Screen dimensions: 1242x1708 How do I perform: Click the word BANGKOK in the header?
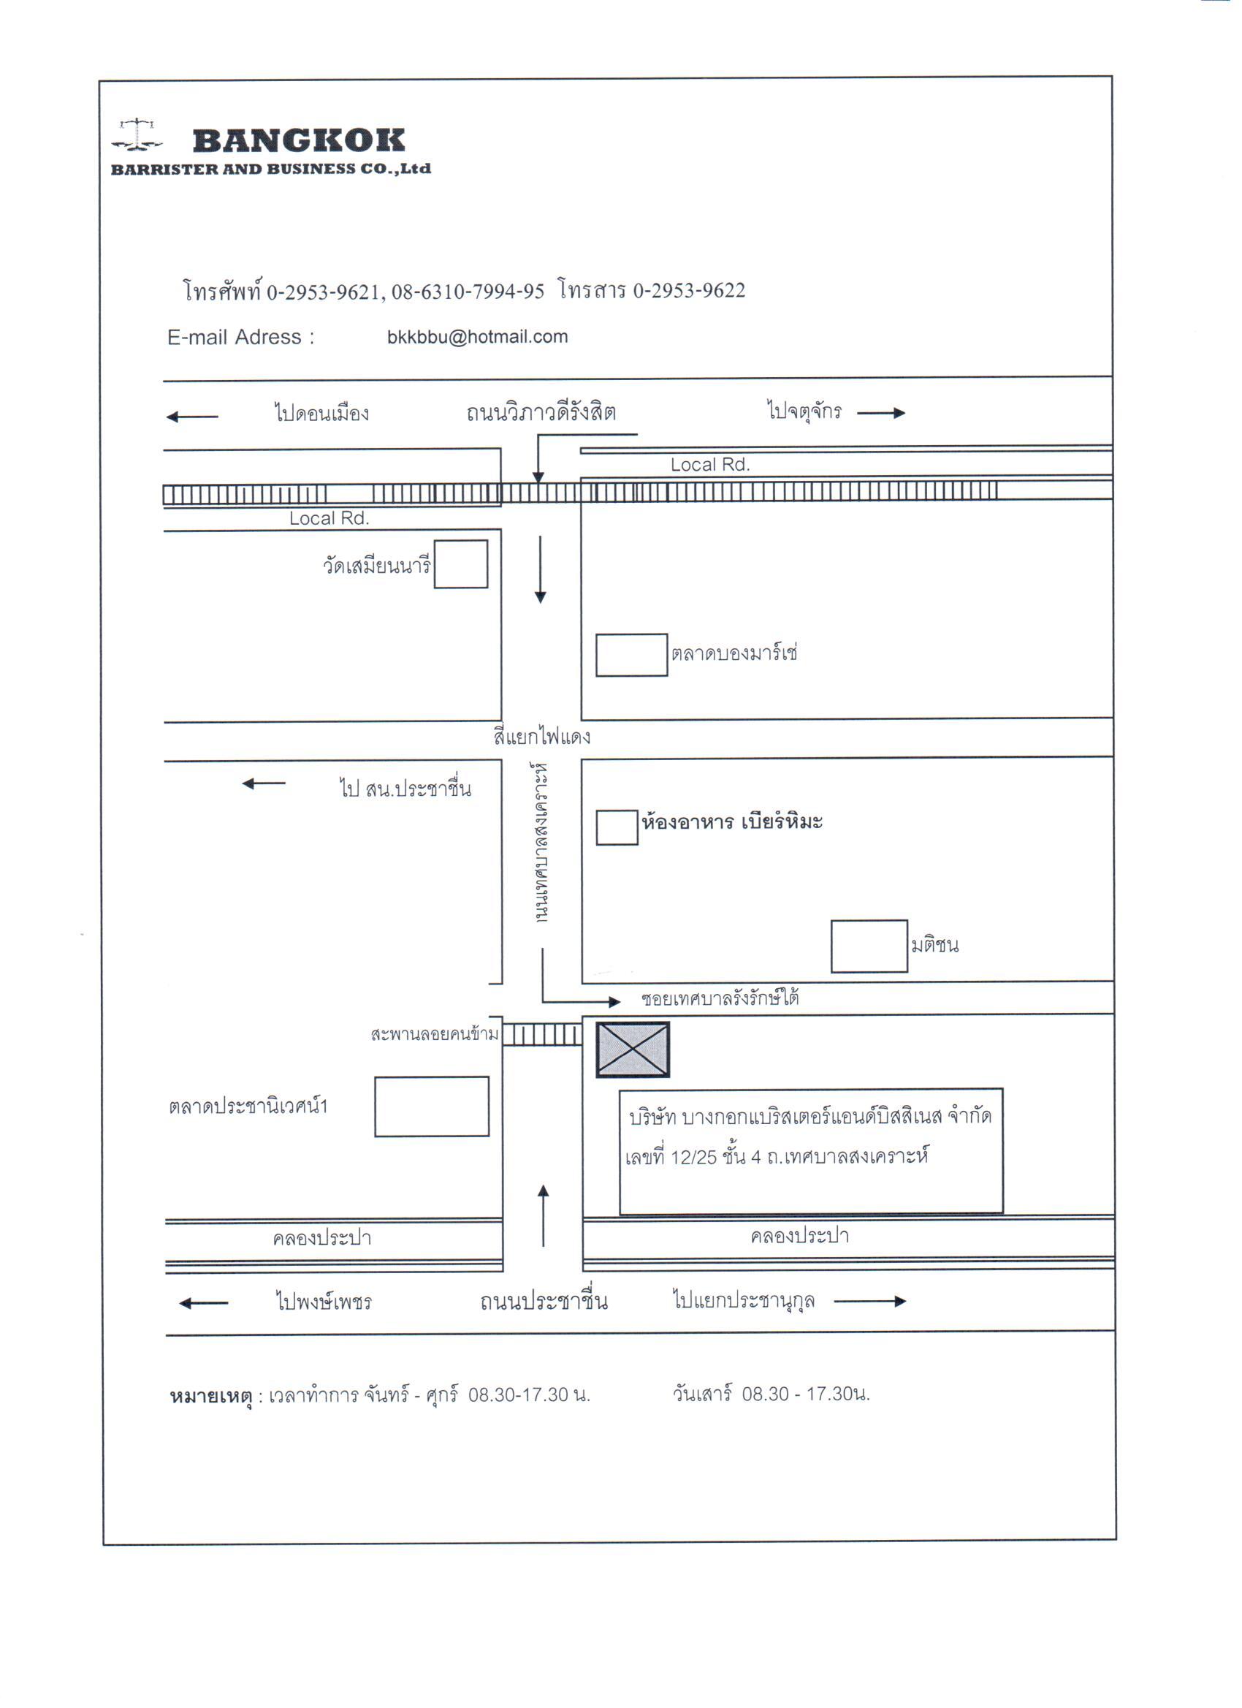299,141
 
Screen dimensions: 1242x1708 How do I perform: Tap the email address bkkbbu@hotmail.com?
477,337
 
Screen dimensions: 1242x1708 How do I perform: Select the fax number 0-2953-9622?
689,291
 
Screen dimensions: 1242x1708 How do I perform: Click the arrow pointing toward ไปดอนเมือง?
192,417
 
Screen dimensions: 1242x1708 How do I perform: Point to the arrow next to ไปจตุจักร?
880,413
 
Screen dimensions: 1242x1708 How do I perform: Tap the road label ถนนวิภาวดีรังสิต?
541,412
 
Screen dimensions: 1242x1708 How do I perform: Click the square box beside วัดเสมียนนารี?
461,564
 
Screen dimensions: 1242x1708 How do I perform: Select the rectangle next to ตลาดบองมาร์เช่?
631,655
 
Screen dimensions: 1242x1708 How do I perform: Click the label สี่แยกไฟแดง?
542,736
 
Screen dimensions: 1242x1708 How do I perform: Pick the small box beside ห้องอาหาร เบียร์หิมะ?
617,827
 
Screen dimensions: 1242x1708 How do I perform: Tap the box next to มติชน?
869,946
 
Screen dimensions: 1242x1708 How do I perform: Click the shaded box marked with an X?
633,1050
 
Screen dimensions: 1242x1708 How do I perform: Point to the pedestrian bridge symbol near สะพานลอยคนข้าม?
542,1035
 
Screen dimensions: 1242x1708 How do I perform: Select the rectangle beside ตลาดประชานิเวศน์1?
432,1107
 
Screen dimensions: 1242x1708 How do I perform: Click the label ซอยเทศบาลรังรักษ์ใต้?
720,998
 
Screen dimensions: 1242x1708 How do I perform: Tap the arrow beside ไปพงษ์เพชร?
203,1304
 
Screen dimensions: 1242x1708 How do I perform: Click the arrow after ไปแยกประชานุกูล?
870,1302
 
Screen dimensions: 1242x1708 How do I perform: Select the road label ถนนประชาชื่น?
544,1301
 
